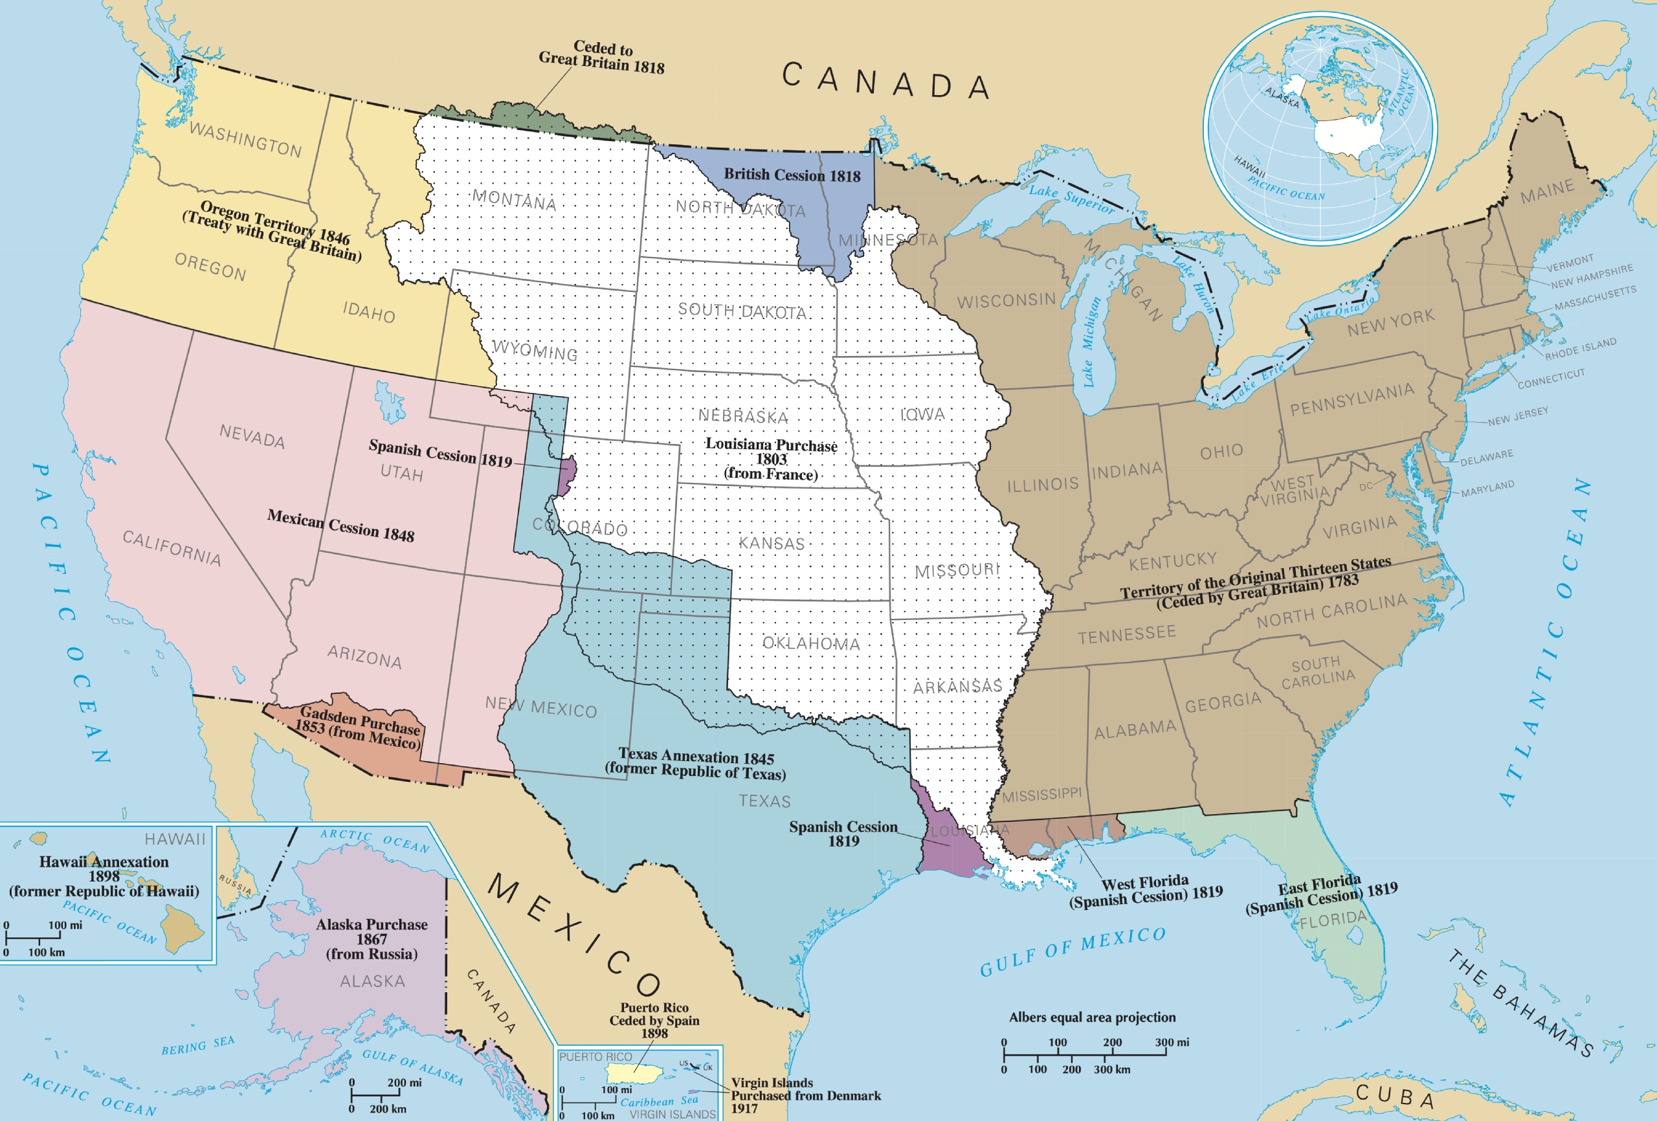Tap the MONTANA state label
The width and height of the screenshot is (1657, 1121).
[514, 201]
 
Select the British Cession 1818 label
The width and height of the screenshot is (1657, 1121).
[792, 175]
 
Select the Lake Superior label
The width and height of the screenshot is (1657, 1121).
[1071, 198]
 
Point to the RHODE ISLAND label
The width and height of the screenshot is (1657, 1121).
[1580, 349]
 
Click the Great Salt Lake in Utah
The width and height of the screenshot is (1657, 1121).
[389, 401]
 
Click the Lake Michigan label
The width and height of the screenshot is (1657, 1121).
[1091, 342]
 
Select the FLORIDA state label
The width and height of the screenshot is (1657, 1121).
[1333, 920]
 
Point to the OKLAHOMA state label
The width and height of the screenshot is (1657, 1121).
[810, 643]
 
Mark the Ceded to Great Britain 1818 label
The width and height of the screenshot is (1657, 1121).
[602, 57]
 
